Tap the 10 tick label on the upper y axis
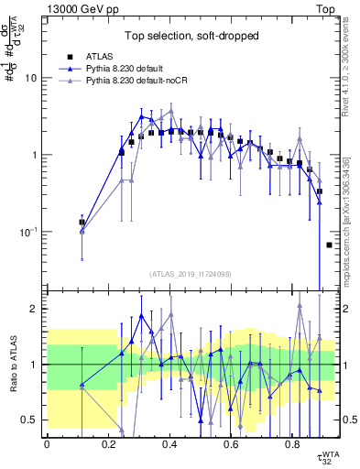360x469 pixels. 34,78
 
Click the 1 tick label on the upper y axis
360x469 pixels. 37,155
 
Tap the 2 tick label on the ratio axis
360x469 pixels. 37,309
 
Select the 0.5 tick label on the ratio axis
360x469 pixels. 32,420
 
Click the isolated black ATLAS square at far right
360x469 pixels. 329,245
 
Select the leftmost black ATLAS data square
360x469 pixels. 82,223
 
